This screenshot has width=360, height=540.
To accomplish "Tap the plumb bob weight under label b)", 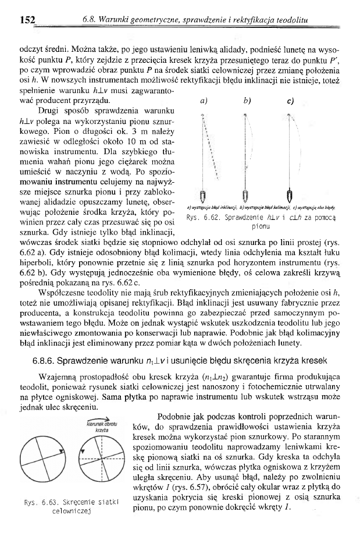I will coord(247,194).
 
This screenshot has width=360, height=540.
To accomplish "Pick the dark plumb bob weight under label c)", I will coord(289,194).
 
